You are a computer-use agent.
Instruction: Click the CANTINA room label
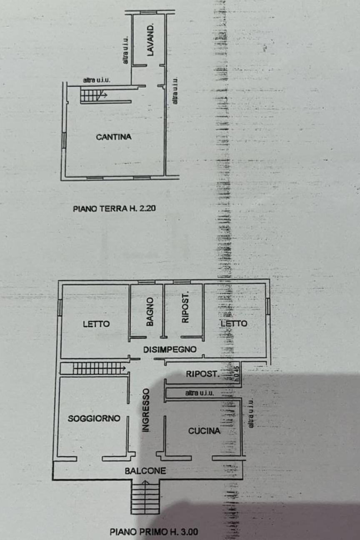[114, 137]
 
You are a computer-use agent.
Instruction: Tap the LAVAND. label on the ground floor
[150, 40]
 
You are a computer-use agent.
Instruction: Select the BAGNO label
[150, 312]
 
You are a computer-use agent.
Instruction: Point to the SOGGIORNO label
[94, 418]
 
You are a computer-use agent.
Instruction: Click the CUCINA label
[204, 431]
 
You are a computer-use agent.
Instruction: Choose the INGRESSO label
[146, 410]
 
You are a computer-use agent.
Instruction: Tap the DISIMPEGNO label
[170, 349]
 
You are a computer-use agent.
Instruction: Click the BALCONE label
[145, 470]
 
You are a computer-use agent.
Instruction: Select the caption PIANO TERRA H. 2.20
[114, 208]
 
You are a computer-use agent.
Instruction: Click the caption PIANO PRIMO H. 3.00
[154, 532]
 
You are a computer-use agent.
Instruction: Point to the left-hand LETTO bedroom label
[96, 324]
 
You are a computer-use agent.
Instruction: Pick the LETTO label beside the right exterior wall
[234, 323]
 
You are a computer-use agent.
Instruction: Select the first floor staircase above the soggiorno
[99, 368]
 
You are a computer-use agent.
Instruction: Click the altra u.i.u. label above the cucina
[200, 393]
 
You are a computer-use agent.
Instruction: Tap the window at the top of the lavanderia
[148, 12]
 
